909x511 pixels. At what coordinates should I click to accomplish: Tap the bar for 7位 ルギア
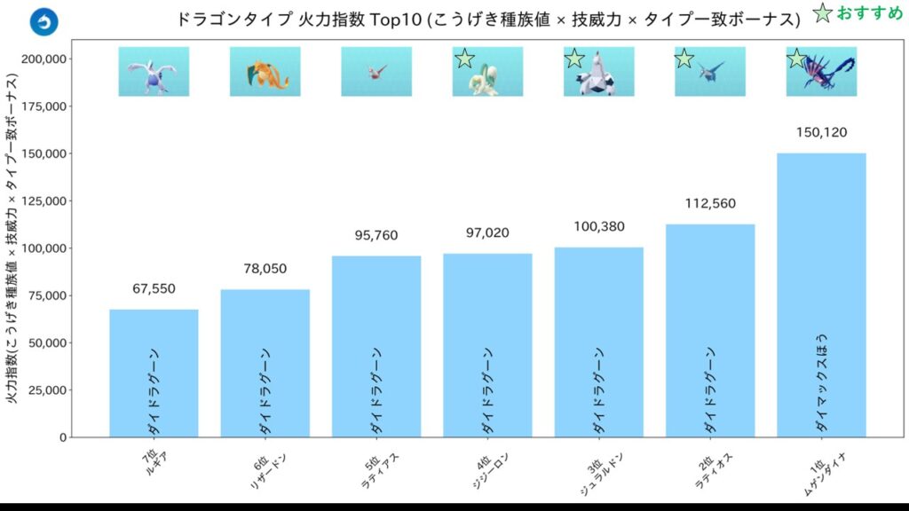click(154, 373)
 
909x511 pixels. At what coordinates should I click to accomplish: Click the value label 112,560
click(710, 204)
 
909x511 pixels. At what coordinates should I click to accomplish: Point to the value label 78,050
click(265, 269)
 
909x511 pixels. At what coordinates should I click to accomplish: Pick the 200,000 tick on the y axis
click(45, 59)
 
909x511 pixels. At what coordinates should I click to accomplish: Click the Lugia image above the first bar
click(154, 71)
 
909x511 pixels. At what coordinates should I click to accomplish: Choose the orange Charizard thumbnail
click(265, 71)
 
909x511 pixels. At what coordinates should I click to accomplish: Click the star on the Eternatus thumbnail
click(796, 59)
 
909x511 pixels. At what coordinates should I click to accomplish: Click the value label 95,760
click(376, 236)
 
